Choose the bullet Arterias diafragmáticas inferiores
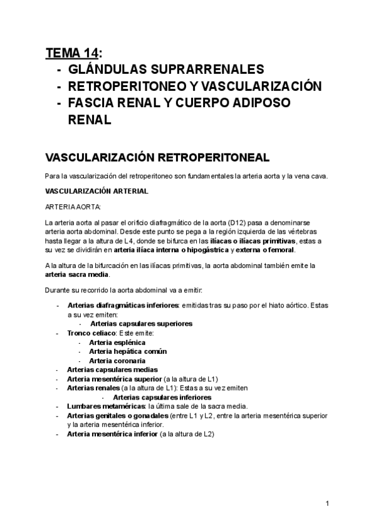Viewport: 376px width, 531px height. click(122, 305)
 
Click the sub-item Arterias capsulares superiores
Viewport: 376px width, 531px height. click(141, 324)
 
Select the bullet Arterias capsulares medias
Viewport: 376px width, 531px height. click(107, 369)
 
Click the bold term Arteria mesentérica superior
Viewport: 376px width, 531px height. click(113, 379)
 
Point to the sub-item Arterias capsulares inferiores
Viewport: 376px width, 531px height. click(162, 397)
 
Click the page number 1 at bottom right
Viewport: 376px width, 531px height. click(328, 503)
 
